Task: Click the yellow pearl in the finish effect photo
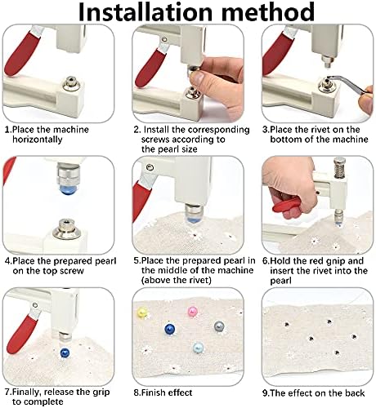click(142, 313)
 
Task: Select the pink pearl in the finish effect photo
click(192, 311)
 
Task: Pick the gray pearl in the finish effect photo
click(219, 326)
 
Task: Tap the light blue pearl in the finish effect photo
click(198, 348)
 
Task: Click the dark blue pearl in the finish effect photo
click(170, 329)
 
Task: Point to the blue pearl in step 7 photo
click(65, 353)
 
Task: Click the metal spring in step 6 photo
click(339, 169)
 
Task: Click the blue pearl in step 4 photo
click(67, 188)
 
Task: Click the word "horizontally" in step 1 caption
click(38, 140)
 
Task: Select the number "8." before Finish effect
click(137, 392)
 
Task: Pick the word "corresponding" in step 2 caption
click(219, 130)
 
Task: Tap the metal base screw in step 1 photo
click(71, 84)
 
